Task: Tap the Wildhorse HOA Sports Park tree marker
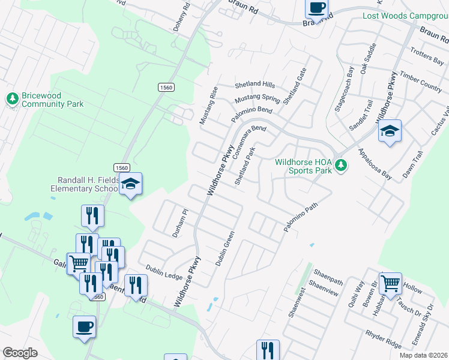[341, 165]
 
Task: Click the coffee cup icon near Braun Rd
[316, 8]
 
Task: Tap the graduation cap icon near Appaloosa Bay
[390, 131]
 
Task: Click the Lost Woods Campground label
[405, 16]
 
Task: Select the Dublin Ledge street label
[164, 272]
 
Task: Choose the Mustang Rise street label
[208, 106]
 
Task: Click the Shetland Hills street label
[255, 85]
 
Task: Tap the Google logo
[20, 353]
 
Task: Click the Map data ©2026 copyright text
[424, 355]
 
